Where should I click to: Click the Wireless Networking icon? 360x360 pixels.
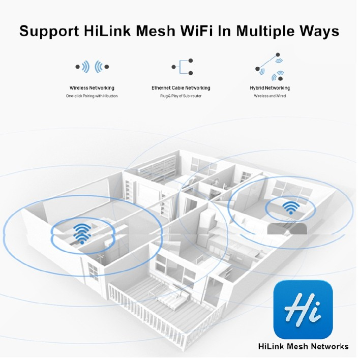(x=92, y=67)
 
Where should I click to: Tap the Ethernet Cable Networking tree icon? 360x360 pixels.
(x=182, y=67)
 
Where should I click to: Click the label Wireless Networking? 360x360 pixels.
(x=92, y=88)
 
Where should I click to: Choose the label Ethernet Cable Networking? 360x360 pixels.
(x=181, y=88)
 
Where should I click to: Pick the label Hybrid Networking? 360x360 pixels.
(x=269, y=88)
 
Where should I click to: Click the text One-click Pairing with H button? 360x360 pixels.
(x=92, y=96)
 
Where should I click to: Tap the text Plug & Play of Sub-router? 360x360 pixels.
(x=181, y=96)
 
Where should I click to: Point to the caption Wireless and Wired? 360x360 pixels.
(x=269, y=96)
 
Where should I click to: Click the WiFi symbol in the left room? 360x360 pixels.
(x=80, y=232)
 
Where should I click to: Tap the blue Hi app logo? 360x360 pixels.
(x=303, y=310)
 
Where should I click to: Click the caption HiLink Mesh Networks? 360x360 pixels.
(x=304, y=346)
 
